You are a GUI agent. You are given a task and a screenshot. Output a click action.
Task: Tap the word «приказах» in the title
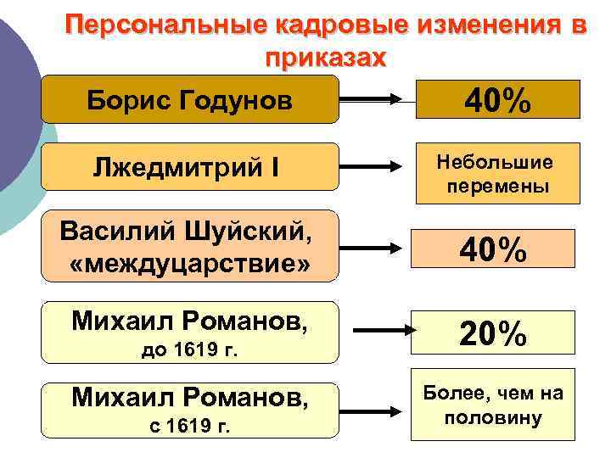coord(325,59)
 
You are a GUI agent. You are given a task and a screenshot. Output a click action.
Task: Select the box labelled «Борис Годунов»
coord(190,100)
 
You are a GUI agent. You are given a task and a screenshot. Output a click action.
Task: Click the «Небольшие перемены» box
coord(496,173)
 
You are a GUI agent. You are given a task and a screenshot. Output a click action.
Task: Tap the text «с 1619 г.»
coord(189,424)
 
